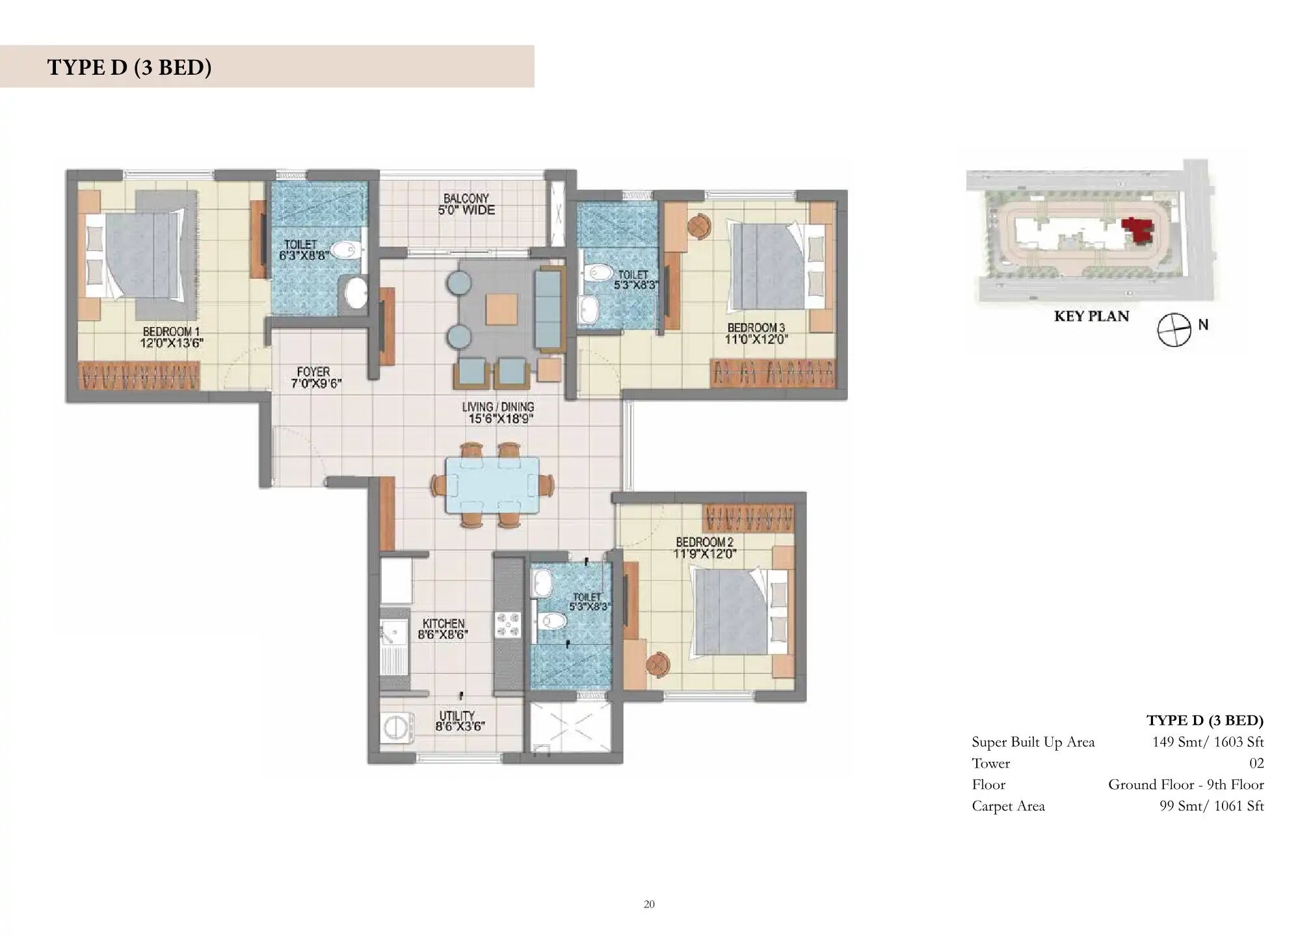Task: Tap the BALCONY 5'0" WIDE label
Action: [466, 204]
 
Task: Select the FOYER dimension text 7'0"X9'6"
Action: [316, 383]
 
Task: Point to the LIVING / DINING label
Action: [498, 407]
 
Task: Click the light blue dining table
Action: [492, 485]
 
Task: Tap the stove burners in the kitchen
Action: [509, 625]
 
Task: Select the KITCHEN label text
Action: [444, 623]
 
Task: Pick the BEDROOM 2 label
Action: [705, 542]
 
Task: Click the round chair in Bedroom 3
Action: [698, 226]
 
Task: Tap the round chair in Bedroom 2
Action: [658, 664]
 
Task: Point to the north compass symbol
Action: [1174, 330]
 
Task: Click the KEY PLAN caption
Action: [1091, 317]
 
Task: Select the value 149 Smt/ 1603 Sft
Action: [1208, 742]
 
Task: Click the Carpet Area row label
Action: [1008, 807]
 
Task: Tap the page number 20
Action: [649, 904]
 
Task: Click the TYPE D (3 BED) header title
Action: [129, 67]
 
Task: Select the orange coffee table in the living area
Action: [502, 309]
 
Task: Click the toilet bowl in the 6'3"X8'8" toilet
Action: [345, 250]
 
